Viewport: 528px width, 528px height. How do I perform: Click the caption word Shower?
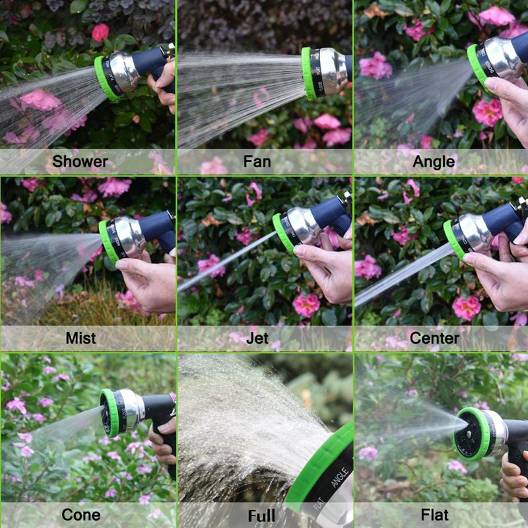[80, 162]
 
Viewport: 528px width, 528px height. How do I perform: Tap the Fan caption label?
[257, 162]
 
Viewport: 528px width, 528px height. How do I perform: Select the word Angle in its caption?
[434, 162]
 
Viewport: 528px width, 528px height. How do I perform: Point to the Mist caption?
[81, 338]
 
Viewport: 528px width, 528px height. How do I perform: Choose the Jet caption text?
[257, 339]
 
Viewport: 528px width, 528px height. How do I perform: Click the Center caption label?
[434, 339]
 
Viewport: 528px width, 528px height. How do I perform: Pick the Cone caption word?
[81, 515]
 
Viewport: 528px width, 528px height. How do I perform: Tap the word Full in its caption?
[261, 516]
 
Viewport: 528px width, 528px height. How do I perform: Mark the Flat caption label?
[435, 515]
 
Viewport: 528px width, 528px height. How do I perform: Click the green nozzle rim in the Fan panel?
[307, 74]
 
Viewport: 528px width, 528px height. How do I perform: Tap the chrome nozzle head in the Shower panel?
[125, 71]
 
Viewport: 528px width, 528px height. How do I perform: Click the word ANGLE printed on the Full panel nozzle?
[339, 477]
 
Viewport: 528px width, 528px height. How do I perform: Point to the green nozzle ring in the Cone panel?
[110, 413]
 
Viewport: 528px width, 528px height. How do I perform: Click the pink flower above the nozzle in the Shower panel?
[100, 32]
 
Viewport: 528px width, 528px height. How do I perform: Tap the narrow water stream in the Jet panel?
[226, 261]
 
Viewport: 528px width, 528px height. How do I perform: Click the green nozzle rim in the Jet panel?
[282, 233]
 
